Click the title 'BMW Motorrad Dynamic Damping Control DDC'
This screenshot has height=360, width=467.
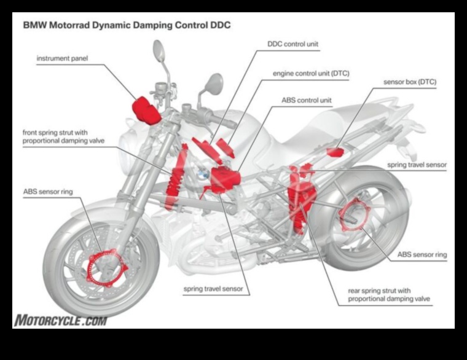click(x=127, y=26)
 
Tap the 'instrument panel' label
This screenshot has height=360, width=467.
click(x=63, y=59)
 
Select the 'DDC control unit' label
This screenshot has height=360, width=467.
click(x=293, y=44)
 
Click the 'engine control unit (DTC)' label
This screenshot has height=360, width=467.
click(x=311, y=73)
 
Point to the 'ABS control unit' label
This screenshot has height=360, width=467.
click(x=307, y=100)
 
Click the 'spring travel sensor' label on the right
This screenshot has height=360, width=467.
click(x=417, y=165)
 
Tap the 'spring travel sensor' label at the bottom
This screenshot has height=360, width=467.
click(x=213, y=288)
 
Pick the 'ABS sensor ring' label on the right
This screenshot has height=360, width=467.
click(x=422, y=254)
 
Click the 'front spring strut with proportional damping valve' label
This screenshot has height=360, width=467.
click(x=64, y=136)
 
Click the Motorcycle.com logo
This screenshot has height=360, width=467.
click(x=60, y=320)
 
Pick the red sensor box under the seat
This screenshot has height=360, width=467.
click(x=335, y=151)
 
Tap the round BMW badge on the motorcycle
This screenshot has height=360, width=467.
click(x=200, y=174)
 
